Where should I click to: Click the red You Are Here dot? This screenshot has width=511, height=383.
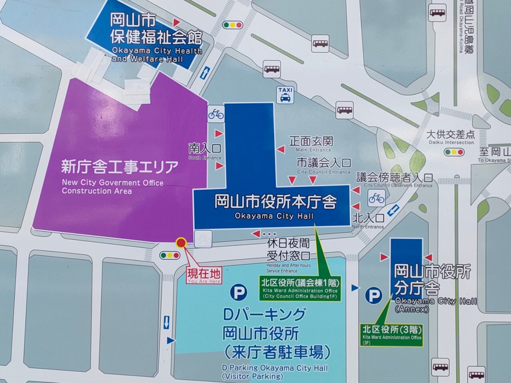pos(181,243)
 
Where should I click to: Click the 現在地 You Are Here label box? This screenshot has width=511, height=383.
pos(204,275)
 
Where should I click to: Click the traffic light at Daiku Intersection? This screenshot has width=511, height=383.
pos(454,152)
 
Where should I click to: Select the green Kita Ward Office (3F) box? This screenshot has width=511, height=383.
pos(391,334)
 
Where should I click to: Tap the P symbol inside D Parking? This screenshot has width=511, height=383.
pos(239,292)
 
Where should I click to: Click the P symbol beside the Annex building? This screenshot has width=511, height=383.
pos(374,296)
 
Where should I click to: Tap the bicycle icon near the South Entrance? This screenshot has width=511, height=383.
pos(216,115)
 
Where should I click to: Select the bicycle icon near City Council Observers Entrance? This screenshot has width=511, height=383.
pos(376,198)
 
